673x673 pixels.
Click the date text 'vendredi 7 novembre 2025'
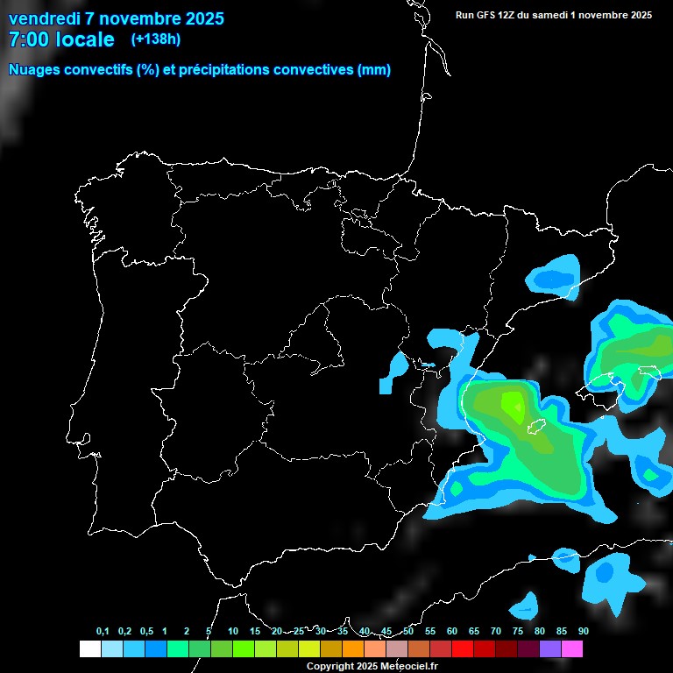pyautogui.click(x=116, y=18)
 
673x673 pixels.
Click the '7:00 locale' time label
pyautogui.click(x=61, y=39)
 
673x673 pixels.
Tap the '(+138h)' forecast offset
pyautogui.click(x=156, y=39)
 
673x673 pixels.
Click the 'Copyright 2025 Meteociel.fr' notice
pyautogui.click(x=372, y=666)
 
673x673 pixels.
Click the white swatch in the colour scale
pyautogui.click(x=89, y=648)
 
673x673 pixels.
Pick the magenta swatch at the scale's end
pyautogui.click(x=572, y=648)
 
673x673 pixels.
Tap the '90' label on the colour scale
pyautogui.click(x=583, y=631)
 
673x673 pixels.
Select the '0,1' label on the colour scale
pyautogui.click(x=103, y=631)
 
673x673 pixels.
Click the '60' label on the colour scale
pyautogui.click(x=451, y=631)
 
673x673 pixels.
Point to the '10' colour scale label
pyautogui.click(x=233, y=631)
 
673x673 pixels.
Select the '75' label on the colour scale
pyautogui.click(x=517, y=631)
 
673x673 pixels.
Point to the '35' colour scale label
pyautogui.click(x=343, y=631)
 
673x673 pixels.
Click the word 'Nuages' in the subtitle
pyautogui.click(x=34, y=70)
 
